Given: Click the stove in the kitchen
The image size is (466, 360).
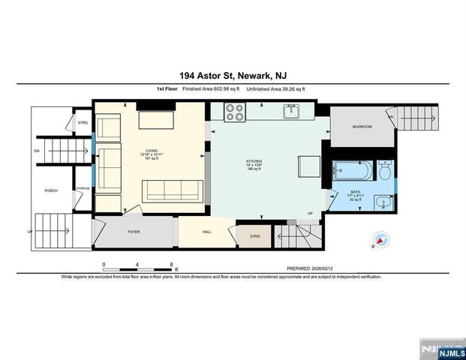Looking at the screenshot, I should [x=235, y=112].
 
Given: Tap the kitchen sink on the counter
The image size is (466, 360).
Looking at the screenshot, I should [x=291, y=112].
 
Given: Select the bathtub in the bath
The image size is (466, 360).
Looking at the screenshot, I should [x=351, y=172].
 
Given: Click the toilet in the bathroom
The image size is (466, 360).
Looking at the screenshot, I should [x=384, y=170].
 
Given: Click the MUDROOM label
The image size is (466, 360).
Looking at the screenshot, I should [x=362, y=126].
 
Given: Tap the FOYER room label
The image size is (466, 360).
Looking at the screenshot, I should [x=134, y=232].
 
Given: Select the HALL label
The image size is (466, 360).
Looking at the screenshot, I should [x=207, y=232].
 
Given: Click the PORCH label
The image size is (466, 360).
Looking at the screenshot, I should [x=51, y=190].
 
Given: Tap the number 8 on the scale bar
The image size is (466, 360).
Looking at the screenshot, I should [x=172, y=264].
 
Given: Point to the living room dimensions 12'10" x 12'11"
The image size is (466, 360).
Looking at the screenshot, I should [x=152, y=154].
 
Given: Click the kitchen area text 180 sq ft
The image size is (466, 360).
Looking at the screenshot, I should [x=254, y=169].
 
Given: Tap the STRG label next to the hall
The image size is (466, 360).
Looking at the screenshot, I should [x=254, y=237].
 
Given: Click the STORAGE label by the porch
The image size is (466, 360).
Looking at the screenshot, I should [x=84, y=188].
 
